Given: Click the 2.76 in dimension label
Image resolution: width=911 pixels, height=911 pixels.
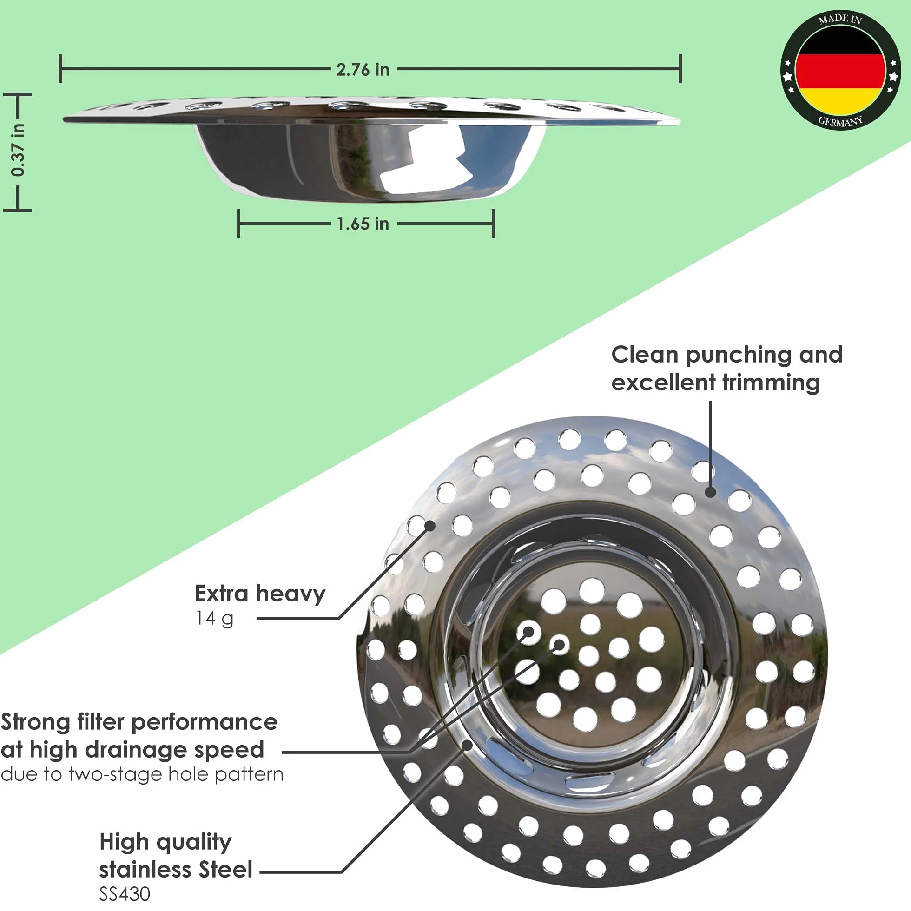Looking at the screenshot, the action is tap(363, 70).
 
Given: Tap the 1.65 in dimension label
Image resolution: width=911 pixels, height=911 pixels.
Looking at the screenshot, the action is tap(363, 224).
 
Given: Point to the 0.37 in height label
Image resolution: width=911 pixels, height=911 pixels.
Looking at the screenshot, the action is tap(18, 150).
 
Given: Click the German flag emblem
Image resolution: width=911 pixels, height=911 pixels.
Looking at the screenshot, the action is tap(840, 72).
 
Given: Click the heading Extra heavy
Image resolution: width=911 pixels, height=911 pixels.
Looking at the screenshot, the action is tap(260, 594).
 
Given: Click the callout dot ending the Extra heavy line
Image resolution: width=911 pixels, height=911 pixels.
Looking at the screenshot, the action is tap(429, 525).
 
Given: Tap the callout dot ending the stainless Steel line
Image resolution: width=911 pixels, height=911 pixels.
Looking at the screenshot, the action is tap(467, 745).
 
